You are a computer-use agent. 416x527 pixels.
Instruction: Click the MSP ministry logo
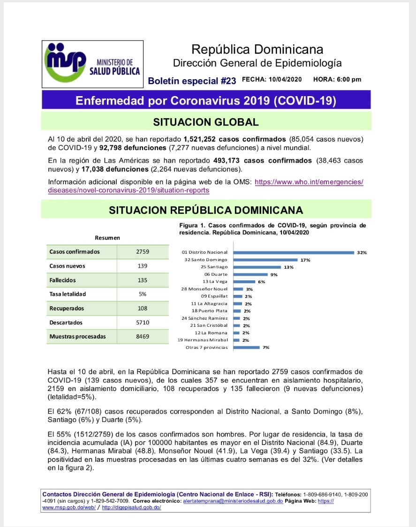point(92,64)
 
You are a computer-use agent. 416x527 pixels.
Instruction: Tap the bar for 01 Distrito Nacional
point(294,252)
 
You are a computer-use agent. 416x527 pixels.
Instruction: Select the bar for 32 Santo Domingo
point(265,259)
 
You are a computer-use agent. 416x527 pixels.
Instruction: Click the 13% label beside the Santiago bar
point(289,267)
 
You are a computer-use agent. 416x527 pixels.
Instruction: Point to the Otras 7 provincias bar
point(246,347)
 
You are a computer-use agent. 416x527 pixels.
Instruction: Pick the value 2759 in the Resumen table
point(143,252)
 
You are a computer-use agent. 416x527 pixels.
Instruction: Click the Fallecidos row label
point(62,280)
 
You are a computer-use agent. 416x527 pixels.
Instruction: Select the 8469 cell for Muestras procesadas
point(143,336)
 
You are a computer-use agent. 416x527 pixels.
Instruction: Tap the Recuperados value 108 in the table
point(143,308)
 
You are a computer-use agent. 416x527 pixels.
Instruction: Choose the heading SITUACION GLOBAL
point(206,122)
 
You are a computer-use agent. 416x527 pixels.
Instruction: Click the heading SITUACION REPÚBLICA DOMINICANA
point(206,210)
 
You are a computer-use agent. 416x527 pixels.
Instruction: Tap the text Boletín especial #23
point(192,81)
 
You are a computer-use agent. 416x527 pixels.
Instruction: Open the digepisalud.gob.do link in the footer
point(131,508)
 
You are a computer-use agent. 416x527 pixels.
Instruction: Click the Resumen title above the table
point(107,238)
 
